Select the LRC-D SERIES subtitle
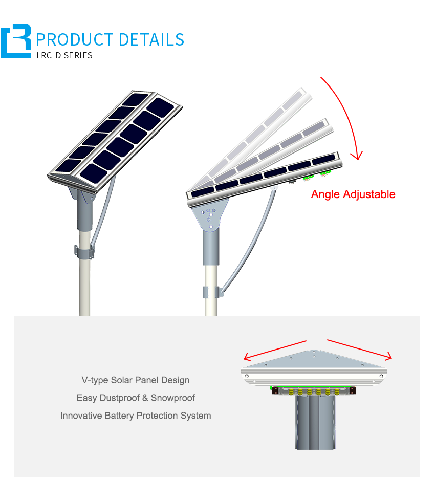pos(64,55)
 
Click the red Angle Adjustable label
pos(353,194)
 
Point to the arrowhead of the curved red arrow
pos(357,156)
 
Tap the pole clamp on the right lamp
pos(211,292)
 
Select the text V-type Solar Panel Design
pos(136,380)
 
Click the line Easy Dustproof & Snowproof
pos(136,398)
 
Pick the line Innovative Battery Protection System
pos(136,416)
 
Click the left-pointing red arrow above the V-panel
pos(275,350)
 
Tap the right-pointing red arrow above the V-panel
pos(359,350)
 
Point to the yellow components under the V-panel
pos(314,391)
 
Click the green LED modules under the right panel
pos(317,176)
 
